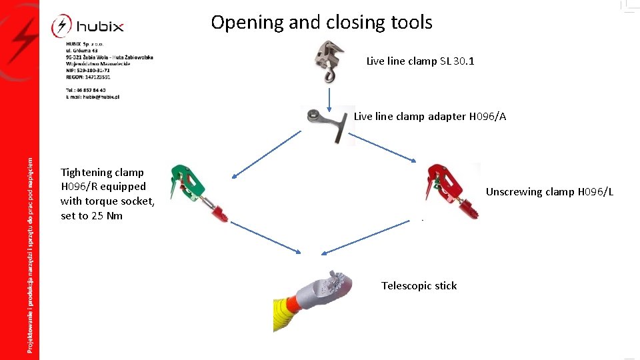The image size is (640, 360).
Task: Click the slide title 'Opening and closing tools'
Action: (x=321, y=23)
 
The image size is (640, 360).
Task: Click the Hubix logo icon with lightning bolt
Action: (x=61, y=27)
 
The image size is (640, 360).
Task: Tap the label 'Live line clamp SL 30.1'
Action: (x=420, y=61)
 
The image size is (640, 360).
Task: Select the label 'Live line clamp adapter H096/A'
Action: (x=429, y=117)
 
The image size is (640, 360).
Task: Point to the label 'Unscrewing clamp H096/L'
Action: (x=549, y=192)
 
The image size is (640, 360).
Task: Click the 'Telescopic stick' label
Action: (x=419, y=286)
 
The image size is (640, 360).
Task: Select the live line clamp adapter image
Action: (x=328, y=124)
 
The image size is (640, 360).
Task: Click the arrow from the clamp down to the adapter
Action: (x=329, y=98)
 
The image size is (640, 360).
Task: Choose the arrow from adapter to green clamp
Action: (x=267, y=154)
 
